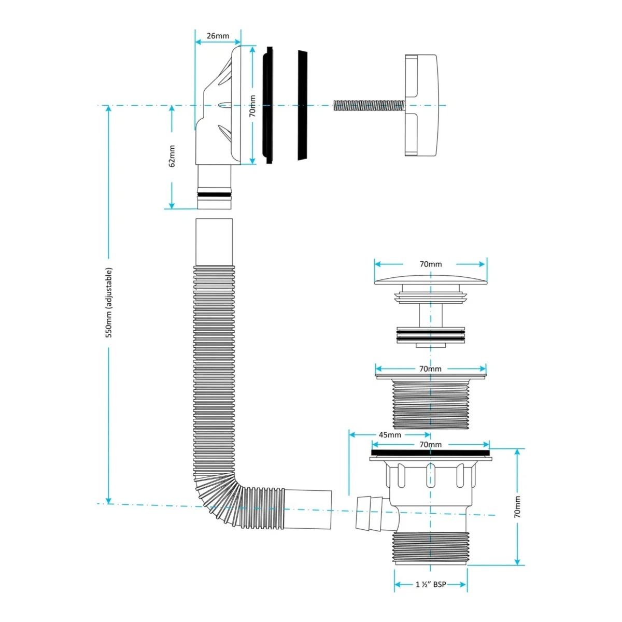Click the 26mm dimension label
(x=218, y=36)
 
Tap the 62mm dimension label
(x=172, y=155)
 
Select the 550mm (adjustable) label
(x=109, y=303)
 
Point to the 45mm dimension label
(x=390, y=435)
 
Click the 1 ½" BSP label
(x=431, y=584)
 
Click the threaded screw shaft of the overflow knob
(x=368, y=106)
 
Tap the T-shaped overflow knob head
(x=422, y=105)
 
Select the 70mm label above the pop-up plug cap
(x=431, y=264)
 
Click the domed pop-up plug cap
(x=431, y=279)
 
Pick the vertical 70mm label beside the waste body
(x=517, y=506)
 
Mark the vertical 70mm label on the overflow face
(x=252, y=106)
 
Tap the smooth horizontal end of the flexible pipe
(x=308, y=509)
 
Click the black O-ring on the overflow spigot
(x=214, y=195)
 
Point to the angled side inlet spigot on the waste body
(x=369, y=513)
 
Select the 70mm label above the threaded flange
(x=431, y=369)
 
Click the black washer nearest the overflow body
(x=268, y=106)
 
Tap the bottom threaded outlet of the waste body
(x=431, y=548)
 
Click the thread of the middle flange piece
(x=431, y=404)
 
